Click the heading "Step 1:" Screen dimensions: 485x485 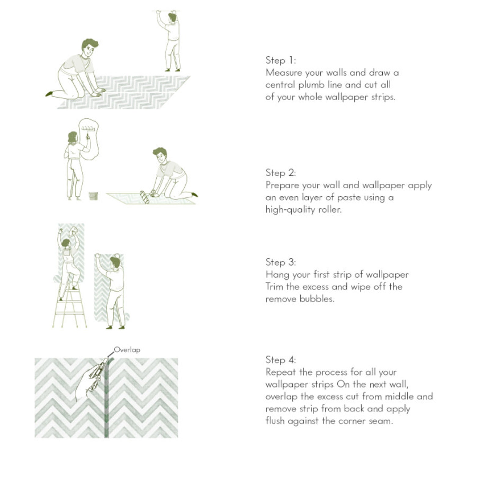280,60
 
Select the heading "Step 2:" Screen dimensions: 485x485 280,173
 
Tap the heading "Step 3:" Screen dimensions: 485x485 280,262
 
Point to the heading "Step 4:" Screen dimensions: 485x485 280,360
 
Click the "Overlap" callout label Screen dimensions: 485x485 127,350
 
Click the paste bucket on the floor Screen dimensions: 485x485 93,196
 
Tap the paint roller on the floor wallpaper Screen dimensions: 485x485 144,197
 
